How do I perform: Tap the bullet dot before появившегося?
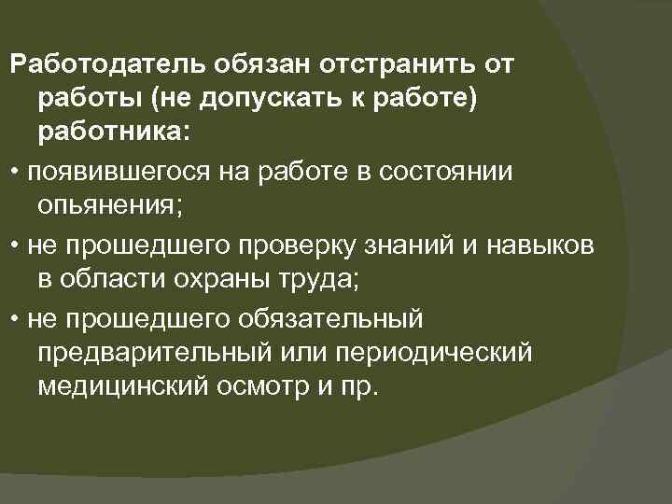coord(16,174)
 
